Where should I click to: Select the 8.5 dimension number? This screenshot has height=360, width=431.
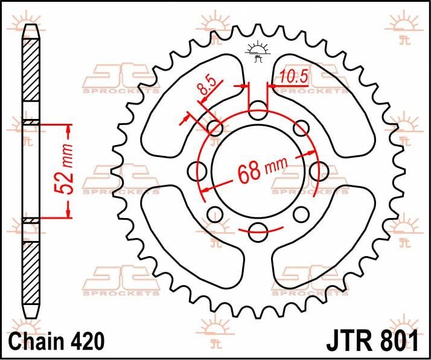tap(205, 89)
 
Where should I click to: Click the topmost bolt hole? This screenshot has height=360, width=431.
tap(258, 111)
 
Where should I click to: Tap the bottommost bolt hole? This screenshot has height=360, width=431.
tap(258, 229)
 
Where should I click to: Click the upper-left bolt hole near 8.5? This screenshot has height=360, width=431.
tap(215, 127)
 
